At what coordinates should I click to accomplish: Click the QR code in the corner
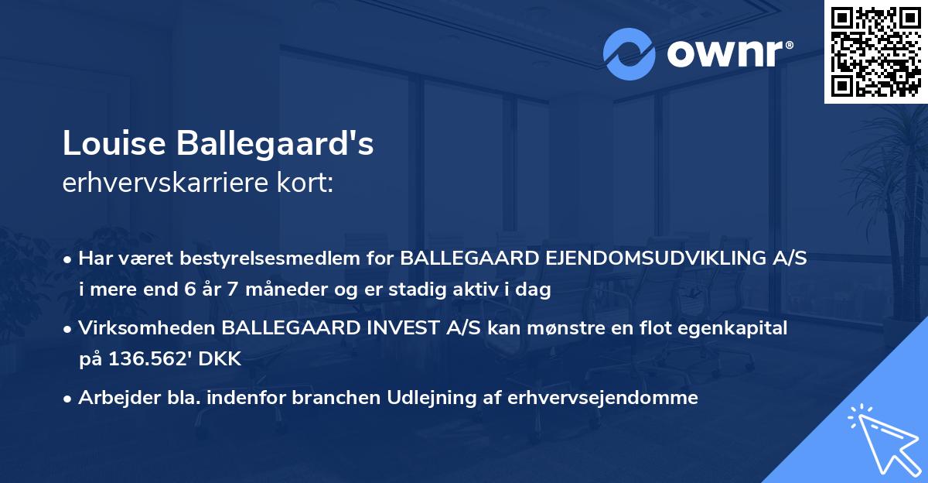875,52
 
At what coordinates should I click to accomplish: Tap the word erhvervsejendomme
603,398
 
